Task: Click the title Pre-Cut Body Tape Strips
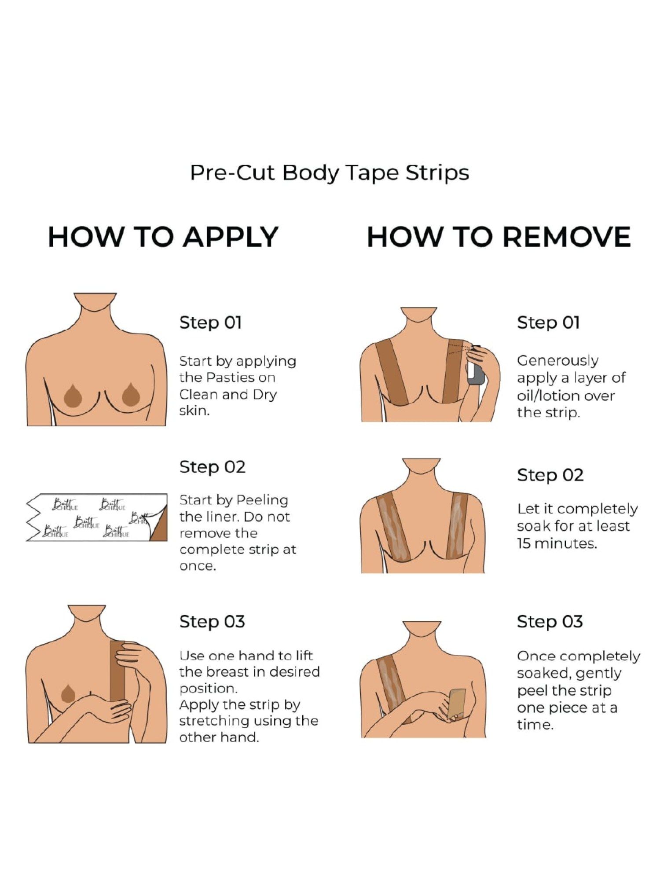(330, 173)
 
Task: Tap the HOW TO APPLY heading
(163, 237)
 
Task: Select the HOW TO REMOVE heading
(499, 237)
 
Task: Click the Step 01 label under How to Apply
(210, 323)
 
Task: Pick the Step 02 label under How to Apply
(212, 467)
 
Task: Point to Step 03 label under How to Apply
(212, 622)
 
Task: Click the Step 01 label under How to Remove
(548, 323)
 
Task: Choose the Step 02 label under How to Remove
(550, 475)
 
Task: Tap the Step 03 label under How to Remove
(550, 622)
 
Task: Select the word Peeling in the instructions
(262, 501)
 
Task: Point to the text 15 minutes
(557, 543)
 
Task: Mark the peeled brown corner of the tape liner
(159, 528)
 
